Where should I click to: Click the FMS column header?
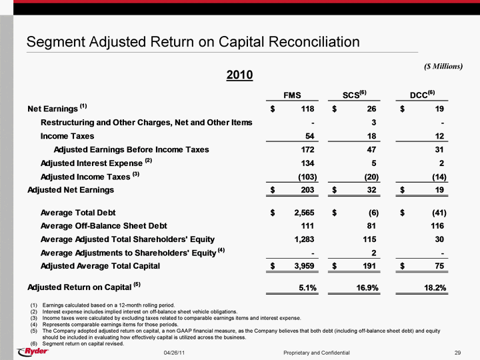click(292, 95)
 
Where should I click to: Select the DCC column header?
click(422, 94)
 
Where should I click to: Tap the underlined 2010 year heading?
click(240, 75)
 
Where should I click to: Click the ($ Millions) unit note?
click(443, 66)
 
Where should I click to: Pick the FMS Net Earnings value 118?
click(307, 109)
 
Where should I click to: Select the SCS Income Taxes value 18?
click(371, 136)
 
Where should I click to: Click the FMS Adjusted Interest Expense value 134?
click(307, 163)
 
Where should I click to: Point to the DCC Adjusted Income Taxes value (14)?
click(439, 177)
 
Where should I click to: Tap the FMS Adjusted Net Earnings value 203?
click(307, 190)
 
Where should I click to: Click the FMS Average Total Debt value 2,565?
click(304, 213)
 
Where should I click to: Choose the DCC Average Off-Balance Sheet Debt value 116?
click(437, 226)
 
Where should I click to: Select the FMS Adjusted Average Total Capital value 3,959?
click(304, 266)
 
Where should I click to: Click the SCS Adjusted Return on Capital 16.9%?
click(367, 288)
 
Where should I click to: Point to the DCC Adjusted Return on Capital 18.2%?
click(435, 288)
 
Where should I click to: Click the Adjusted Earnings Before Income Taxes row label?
click(131, 149)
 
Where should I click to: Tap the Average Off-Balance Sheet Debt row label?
click(104, 226)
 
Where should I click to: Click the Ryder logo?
click(33, 351)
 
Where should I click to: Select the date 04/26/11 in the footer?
click(174, 353)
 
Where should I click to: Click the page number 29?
click(457, 353)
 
